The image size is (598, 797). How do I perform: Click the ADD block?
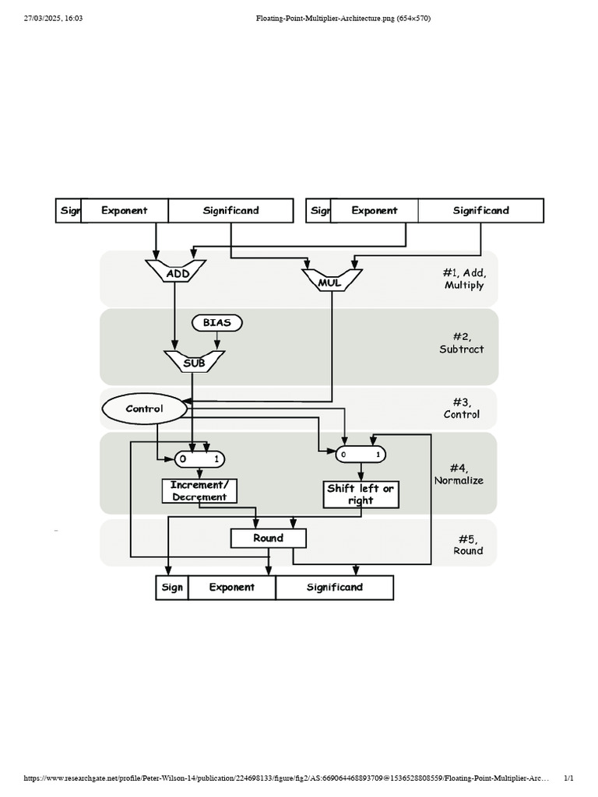[x=175, y=272]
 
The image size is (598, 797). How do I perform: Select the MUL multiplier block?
[x=331, y=282]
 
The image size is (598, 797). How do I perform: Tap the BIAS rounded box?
[x=216, y=322]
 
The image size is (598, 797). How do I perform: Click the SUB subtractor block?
[x=193, y=362]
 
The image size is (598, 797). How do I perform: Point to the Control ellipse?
[x=145, y=409]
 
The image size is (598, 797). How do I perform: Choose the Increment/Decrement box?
[x=199, y=491]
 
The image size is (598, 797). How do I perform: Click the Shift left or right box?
[x=361, y=494]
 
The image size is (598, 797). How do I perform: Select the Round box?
[x=269, y=538]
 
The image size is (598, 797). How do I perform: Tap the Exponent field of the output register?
[x=232, y=588]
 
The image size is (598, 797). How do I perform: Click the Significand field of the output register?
[x=335, y=588]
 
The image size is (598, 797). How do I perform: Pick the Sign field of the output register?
[x=172, y=588]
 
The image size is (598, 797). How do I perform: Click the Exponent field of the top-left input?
[x=125, y=210]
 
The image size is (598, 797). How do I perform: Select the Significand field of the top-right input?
[x=481, y=210]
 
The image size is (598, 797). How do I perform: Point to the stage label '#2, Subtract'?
[x=462, y=342]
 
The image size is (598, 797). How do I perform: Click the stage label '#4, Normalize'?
[x=459, y=474]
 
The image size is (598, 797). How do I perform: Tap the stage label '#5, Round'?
[x=468, y=544]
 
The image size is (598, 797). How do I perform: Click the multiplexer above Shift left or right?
[x=361, y=454]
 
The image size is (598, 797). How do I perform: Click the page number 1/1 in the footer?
[x=568, y=778]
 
